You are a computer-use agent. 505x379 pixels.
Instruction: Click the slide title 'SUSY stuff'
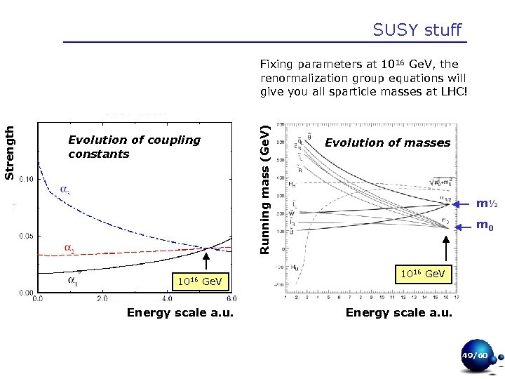tap(417, 29)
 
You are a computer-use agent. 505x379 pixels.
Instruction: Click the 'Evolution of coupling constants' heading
tap(134, 147)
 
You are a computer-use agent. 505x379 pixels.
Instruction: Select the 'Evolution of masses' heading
tap(387, 142)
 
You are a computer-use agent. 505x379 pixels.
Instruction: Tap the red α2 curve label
tap(69, 248)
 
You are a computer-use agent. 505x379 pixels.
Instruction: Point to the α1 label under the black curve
tap(73, 281)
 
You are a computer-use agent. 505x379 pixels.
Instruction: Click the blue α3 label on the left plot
tap(63, 189)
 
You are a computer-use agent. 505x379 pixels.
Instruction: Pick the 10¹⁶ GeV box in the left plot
tap(200, 282)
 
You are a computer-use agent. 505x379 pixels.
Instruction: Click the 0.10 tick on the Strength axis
tap(25, 180)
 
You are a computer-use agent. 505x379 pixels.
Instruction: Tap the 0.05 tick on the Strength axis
tap(25, 237)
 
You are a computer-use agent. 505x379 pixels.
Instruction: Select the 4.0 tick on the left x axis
tap(167, 298)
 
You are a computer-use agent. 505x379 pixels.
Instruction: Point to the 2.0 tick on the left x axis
tap(102, 298)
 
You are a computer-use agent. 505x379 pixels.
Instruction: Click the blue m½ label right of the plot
tap(487, 204)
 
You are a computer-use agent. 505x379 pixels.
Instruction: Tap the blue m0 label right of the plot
tap(485, 225)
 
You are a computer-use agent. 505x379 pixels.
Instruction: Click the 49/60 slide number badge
tap(474, 357)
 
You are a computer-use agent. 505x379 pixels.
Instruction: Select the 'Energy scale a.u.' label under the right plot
tap(399, 313)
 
